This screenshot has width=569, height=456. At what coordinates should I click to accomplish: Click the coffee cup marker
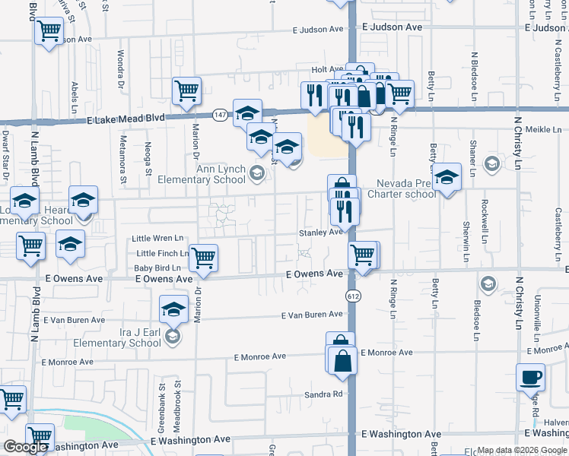click(530, 377)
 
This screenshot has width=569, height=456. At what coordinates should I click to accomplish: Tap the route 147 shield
click(219, 114)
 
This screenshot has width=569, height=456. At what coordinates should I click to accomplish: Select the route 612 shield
click(353, 294)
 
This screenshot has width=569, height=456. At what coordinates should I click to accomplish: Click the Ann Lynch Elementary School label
click(201, 174)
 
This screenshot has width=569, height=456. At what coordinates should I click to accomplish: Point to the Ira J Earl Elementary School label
click(113, 337)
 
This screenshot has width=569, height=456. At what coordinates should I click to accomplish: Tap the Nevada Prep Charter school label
click(407, 188)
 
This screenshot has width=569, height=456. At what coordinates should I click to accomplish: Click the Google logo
click(25, 447)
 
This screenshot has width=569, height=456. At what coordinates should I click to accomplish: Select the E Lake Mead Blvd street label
click(126, 119)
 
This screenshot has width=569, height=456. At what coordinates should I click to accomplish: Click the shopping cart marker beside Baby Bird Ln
click(203, 258)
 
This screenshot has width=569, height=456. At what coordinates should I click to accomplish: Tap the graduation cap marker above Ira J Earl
click(173, 309)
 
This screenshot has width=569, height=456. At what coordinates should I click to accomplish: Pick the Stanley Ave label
click(320, 233)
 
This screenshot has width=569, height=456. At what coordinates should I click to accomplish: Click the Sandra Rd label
click(324, 394)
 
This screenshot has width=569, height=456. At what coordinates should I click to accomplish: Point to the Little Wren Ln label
click(157, 239)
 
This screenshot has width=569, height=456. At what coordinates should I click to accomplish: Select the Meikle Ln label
click(543, 130)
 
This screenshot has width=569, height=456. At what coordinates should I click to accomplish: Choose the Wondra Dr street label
click(120, 68)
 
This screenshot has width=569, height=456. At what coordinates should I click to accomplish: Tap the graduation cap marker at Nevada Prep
click(447, 177)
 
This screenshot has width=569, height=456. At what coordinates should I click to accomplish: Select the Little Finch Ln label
click(162, 253)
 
